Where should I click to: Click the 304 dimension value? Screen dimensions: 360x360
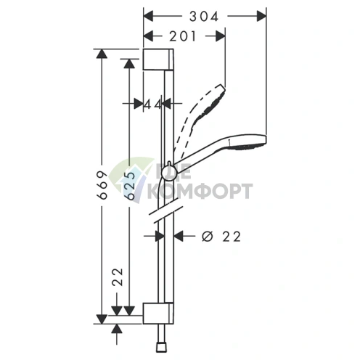pyautogui.click(x=204, y=17)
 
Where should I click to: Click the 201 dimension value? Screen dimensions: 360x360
pyautogui.click(x=182, y=36)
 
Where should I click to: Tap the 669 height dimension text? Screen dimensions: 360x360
pyautogui.click(x=102, y=185)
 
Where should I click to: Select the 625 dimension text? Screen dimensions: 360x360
pyautogui.click(x=131, y=186)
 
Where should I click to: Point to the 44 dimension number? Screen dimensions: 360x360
pyautogui.click(x=153, y=105)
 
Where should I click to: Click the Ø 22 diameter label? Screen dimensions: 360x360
pyautogui.click(x=221, y=237)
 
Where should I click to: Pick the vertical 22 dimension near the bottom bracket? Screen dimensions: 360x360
pyautogui.click(x=118, y=277)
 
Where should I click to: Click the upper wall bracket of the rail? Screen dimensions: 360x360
pyautogui.click(x=158, y=60)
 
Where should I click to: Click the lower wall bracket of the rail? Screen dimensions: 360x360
pyautogui.click(x=158, y=313)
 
